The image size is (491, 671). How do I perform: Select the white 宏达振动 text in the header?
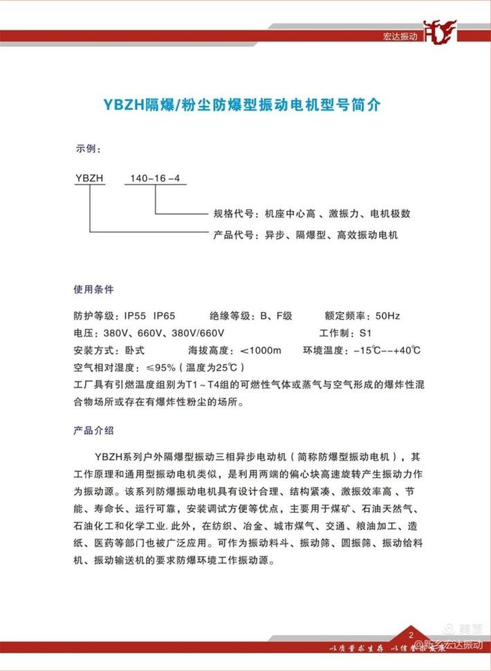coord(399,36)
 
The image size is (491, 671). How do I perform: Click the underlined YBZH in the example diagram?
coord(89,178)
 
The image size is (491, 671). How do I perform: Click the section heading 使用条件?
coord(93,288)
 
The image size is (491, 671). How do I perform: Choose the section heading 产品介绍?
coord(93,430)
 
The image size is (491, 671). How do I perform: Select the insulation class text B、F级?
coord(277,316)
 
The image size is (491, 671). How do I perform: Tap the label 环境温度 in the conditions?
coord(324,351)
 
